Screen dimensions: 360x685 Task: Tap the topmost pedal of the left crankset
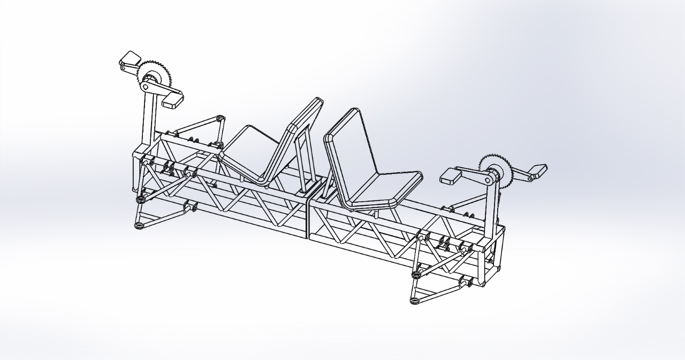(x=130, y=58)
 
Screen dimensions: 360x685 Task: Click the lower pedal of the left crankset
(x=172, y=99)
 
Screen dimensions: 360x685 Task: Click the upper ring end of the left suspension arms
(x=141, y=200)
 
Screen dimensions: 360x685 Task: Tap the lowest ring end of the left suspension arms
(x=139, y=225)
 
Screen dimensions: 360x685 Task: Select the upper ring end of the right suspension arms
(x=416, y=275)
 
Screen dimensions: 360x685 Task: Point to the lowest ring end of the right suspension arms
(x=414, y=301)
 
